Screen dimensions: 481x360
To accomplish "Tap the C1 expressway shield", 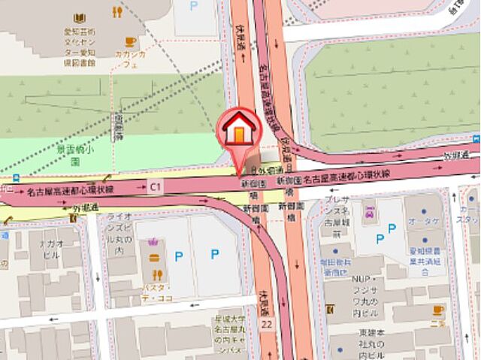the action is tap(156, 186).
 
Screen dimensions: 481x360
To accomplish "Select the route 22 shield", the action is tap(267, 322).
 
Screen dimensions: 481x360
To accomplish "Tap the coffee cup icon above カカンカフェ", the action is tap(131, 42).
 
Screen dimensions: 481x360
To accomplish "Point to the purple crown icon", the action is tap(155, 242).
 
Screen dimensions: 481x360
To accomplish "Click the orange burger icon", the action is tap(155, 256).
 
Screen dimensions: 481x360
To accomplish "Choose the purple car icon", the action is tap(370, 214).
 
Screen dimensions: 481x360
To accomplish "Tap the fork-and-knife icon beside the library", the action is tap(116, 12).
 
